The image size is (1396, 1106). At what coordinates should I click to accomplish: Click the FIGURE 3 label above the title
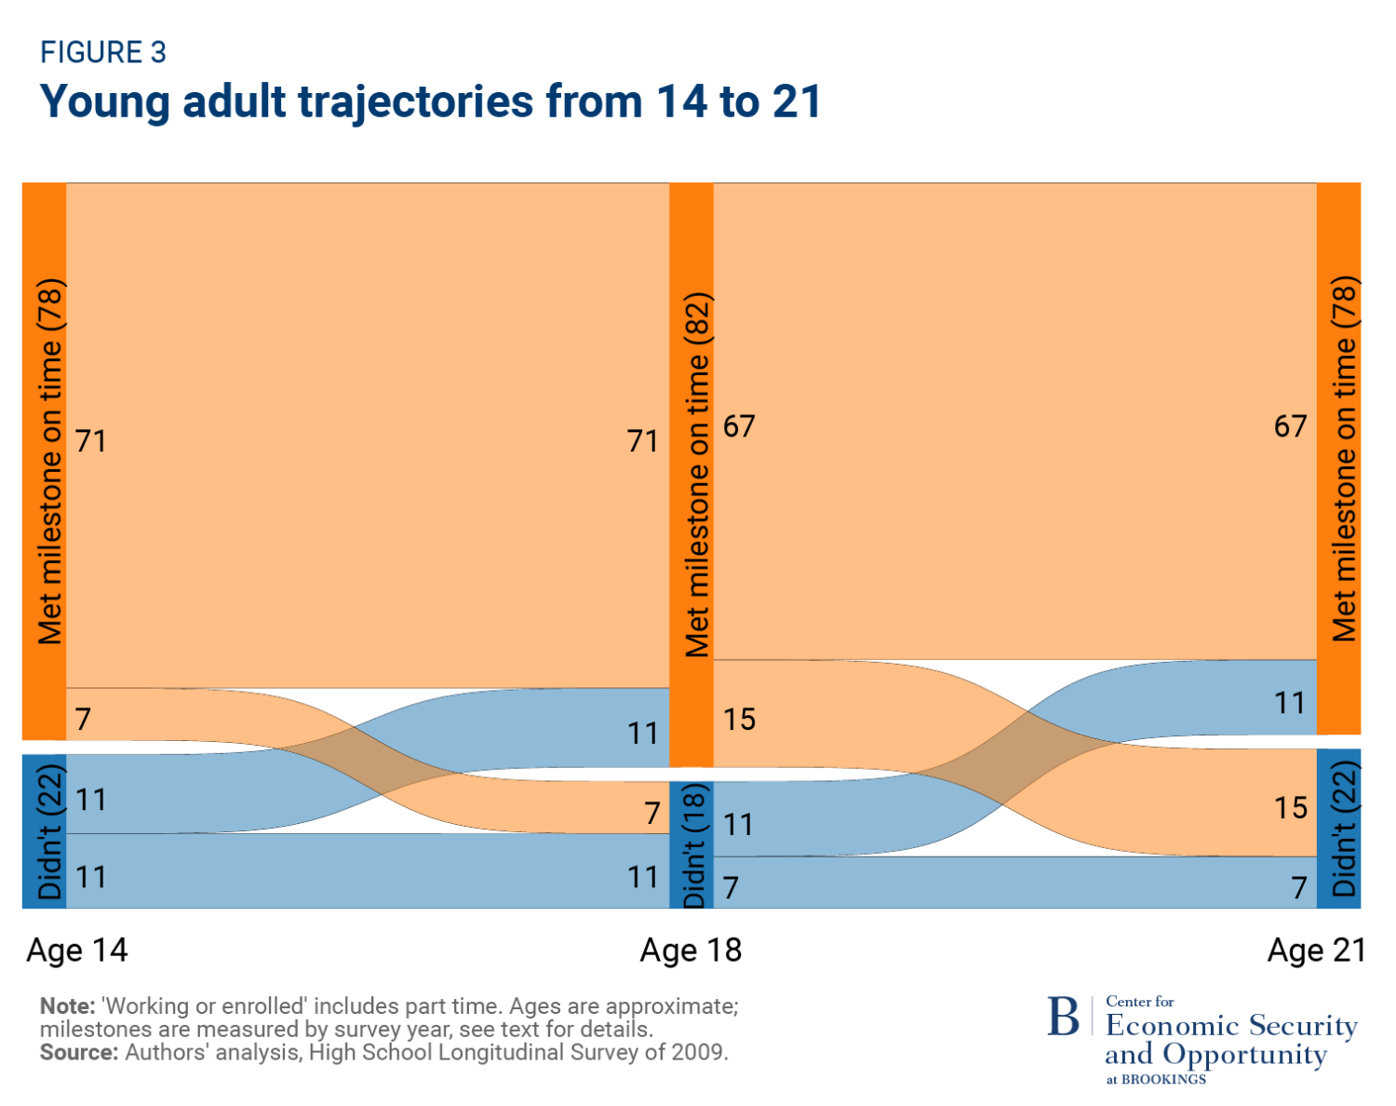coord(102,53)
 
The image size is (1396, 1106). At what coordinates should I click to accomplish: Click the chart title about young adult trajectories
coord(430,101)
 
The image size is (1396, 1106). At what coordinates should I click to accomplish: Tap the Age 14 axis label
coord(77,950)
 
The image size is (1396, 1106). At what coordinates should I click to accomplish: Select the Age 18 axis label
coord(691,950)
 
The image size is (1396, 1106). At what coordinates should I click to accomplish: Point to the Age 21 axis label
coord(1316,950)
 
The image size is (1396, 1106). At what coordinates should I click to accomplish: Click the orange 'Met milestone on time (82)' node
coord(691,475)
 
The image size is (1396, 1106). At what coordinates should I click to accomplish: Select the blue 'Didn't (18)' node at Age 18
coord(691,844)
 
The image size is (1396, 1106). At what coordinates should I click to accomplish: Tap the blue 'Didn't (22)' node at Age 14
coord(45,830)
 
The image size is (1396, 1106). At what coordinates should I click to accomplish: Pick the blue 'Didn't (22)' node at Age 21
coord(1339,829)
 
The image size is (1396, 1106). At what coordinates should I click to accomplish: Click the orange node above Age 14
coord(45,461)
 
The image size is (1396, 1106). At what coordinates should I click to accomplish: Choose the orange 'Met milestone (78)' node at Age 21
coord(1339,458)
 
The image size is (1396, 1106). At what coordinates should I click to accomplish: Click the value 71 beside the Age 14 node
coord(91,440)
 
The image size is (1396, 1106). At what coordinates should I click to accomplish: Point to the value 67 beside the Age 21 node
coord(1291,426)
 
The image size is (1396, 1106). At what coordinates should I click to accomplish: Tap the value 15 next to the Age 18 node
coord(740,719)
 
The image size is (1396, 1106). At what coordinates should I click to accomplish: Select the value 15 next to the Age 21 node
coord(1291,807)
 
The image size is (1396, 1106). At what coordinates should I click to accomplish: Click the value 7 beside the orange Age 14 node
coord(84,719)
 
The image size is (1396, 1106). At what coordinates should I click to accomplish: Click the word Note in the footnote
coord(67,1006)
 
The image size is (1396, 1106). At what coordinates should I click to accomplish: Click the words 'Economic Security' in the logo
coord(1231,1026)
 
